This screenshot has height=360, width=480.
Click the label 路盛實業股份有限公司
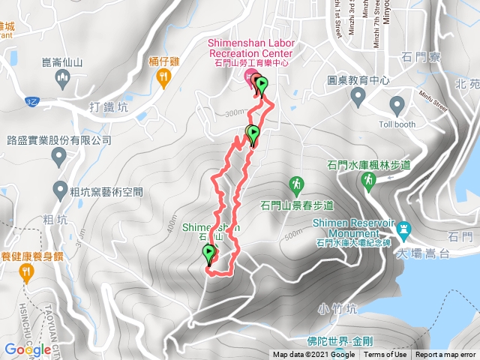point(58,140)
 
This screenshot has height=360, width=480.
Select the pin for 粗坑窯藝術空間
point(59,190)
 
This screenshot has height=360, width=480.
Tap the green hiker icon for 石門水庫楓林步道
point(368,180)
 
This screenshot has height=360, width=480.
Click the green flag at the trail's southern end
point(209,256)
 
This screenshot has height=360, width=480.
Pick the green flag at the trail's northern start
point(261,86)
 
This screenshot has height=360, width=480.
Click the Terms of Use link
point(385,355)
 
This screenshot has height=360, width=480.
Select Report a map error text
point(446,355)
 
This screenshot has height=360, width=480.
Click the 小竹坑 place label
point(334,307)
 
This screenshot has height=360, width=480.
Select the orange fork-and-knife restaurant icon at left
point(27,272)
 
